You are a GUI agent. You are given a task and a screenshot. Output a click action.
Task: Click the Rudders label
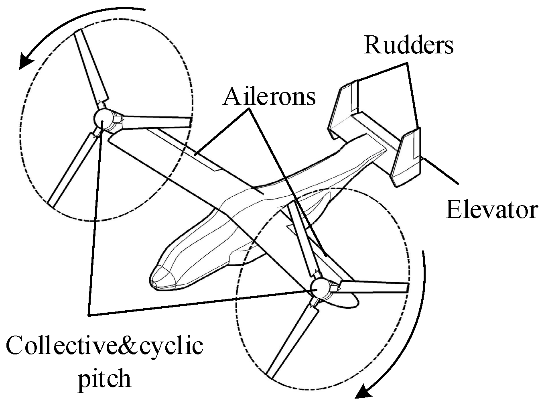pos(409,45)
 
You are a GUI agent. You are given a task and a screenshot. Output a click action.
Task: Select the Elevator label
pos(491,210)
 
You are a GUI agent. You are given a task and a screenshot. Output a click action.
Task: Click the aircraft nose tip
pos(154,281)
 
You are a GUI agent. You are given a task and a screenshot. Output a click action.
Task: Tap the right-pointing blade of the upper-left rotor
pos(156,121)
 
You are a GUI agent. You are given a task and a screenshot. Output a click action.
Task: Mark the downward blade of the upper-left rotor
pos(72,169)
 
